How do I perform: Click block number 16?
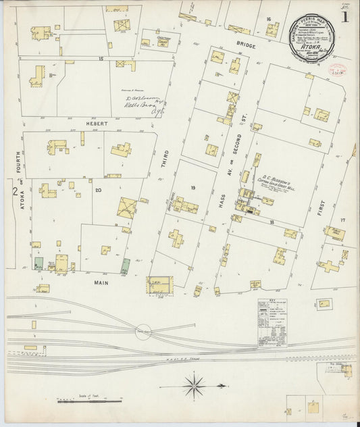[268, 19]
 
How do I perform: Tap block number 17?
[342, 220]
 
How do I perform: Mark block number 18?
[272, 221]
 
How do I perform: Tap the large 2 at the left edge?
[14, 193]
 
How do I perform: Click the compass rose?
[195, 386]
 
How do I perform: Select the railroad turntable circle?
[143, 332]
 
